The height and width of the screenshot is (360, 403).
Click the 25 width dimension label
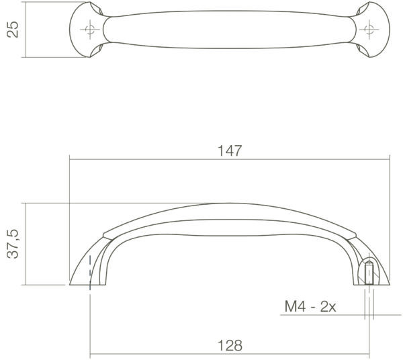(13, 30)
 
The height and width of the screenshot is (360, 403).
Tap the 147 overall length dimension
(230, 151)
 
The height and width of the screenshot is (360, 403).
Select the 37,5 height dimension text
(13, 244)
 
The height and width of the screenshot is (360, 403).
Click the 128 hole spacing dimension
(230, 346)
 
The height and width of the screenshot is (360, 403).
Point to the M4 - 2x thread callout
(310, 306)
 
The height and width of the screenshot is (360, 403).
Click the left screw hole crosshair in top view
(90, 30)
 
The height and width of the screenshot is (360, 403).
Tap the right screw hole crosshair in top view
(369, 30)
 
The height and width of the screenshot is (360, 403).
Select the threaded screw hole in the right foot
(369, 273)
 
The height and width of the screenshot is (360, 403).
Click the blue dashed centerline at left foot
(90, 273)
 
